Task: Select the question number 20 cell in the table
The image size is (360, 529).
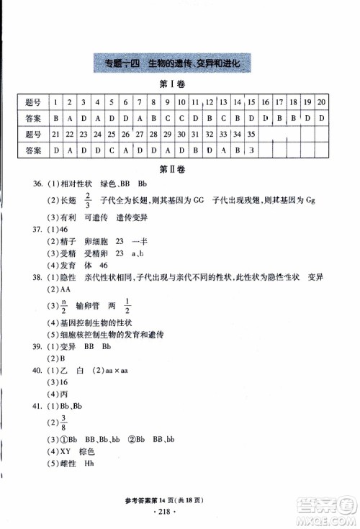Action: (321, 101)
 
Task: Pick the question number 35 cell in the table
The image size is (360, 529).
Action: (251, 133)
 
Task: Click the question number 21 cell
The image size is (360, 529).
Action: (56, 133)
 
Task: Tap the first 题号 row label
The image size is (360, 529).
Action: (33, 101)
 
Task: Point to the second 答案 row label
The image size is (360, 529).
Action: (33, 150)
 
